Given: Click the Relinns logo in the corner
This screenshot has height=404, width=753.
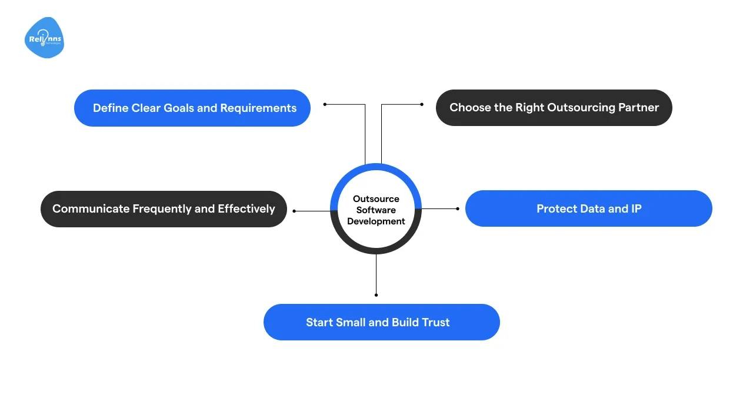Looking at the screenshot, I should [x=44, y=38].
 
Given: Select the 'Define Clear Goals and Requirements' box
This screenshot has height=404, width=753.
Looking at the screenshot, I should [x=192, y=108].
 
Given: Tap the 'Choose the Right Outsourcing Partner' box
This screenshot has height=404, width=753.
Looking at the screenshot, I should [x=554, y=108].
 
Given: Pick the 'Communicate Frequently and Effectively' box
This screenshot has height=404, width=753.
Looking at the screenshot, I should [x=164, y=209].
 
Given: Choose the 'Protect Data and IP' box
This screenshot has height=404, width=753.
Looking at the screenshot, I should [x=588, y=208].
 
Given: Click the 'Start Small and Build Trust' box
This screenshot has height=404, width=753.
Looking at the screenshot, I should [x=381, y=322].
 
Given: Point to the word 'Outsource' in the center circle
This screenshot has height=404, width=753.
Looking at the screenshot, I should [x=376, y=199].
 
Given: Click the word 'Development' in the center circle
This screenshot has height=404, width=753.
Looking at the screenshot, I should [x=376, y=221].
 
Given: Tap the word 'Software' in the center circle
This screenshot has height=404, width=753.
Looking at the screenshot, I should [x=376, y=210].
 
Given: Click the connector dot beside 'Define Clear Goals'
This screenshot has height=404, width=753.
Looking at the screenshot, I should [x=325, y=104].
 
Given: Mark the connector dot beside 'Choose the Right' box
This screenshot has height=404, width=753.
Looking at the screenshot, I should [x=422, y=104].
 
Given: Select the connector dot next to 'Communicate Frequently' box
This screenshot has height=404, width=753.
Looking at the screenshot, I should [x=294, y=210].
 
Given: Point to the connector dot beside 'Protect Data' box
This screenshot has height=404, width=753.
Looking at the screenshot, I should [x=458, y=208].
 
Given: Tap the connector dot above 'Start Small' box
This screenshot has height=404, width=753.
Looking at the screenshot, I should [x=376, y=294].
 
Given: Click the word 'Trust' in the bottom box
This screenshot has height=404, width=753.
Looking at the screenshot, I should [x=435, y=322].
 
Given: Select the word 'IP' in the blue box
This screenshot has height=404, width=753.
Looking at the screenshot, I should [x=635, y=208].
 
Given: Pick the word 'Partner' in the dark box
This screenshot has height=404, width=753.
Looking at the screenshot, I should [x=638, y=108].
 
